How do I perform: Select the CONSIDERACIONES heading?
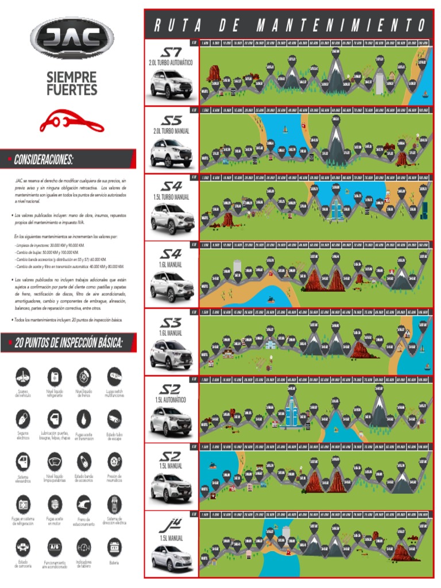45,159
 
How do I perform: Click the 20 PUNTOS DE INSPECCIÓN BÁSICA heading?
68,343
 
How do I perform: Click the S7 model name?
171,51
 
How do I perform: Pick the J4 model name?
171,524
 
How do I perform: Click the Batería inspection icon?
114,544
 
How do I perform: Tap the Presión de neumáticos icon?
114,462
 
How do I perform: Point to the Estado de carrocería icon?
23,544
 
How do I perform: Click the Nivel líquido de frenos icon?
84,377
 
